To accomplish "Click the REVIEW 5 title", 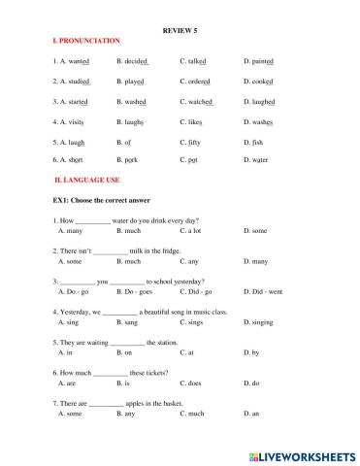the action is click(180, 29).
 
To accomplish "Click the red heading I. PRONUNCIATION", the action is click(87, 41).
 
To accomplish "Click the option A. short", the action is click(72, 159).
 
